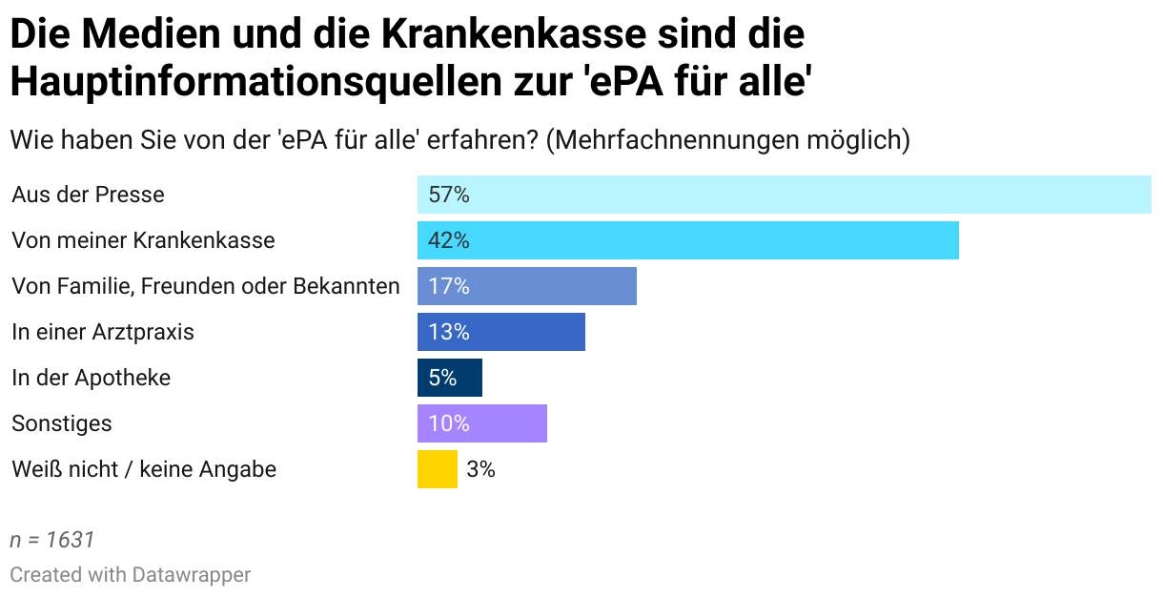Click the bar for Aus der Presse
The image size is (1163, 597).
tap(784, 195)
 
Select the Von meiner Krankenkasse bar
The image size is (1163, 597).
tap(687, 240)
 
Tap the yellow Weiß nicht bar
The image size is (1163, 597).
tap(437, 469)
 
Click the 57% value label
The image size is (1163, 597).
tap(449, 195)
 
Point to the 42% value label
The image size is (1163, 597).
tap(449, 240)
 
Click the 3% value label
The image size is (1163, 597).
tap(480, 469)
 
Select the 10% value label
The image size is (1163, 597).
tap(449, 423)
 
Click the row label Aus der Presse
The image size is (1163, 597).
tap(88, 195)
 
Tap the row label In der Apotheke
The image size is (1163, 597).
tap(91, 378)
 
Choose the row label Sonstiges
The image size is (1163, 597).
tap(61, 423)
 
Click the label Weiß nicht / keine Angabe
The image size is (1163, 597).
tap(144, 469)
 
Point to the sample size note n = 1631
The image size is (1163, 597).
tap(52, 540)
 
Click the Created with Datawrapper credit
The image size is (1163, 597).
tap(131, 575)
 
